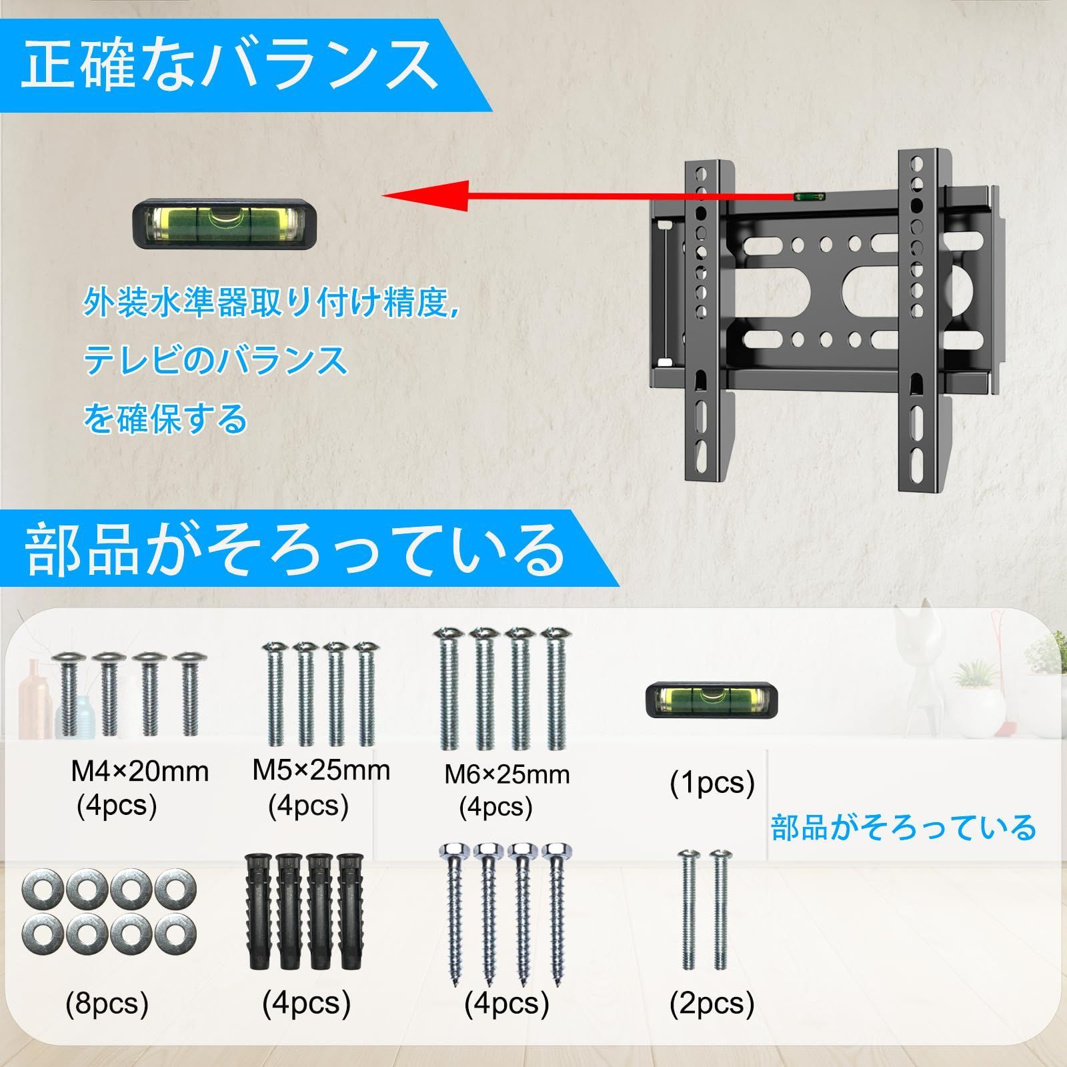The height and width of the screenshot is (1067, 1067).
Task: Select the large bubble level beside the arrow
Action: (x=225, y=227)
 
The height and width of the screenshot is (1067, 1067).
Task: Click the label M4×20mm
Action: (x=140, y=772)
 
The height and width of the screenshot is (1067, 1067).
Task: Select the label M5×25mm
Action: (x=321, y=770)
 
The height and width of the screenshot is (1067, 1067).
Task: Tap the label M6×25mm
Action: (x=507, y=774)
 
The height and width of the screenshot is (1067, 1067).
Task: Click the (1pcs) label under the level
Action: (x=712, y=782)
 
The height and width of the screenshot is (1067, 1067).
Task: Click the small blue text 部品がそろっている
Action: (x=904, y=828)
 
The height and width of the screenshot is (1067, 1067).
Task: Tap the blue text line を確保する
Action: (x=165, y=419)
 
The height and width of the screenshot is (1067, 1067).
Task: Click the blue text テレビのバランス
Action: (x=215, y=361)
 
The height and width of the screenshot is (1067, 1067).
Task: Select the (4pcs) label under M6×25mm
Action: (x=495, y=808)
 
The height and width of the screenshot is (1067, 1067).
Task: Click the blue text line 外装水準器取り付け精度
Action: (x=272, y=302)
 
